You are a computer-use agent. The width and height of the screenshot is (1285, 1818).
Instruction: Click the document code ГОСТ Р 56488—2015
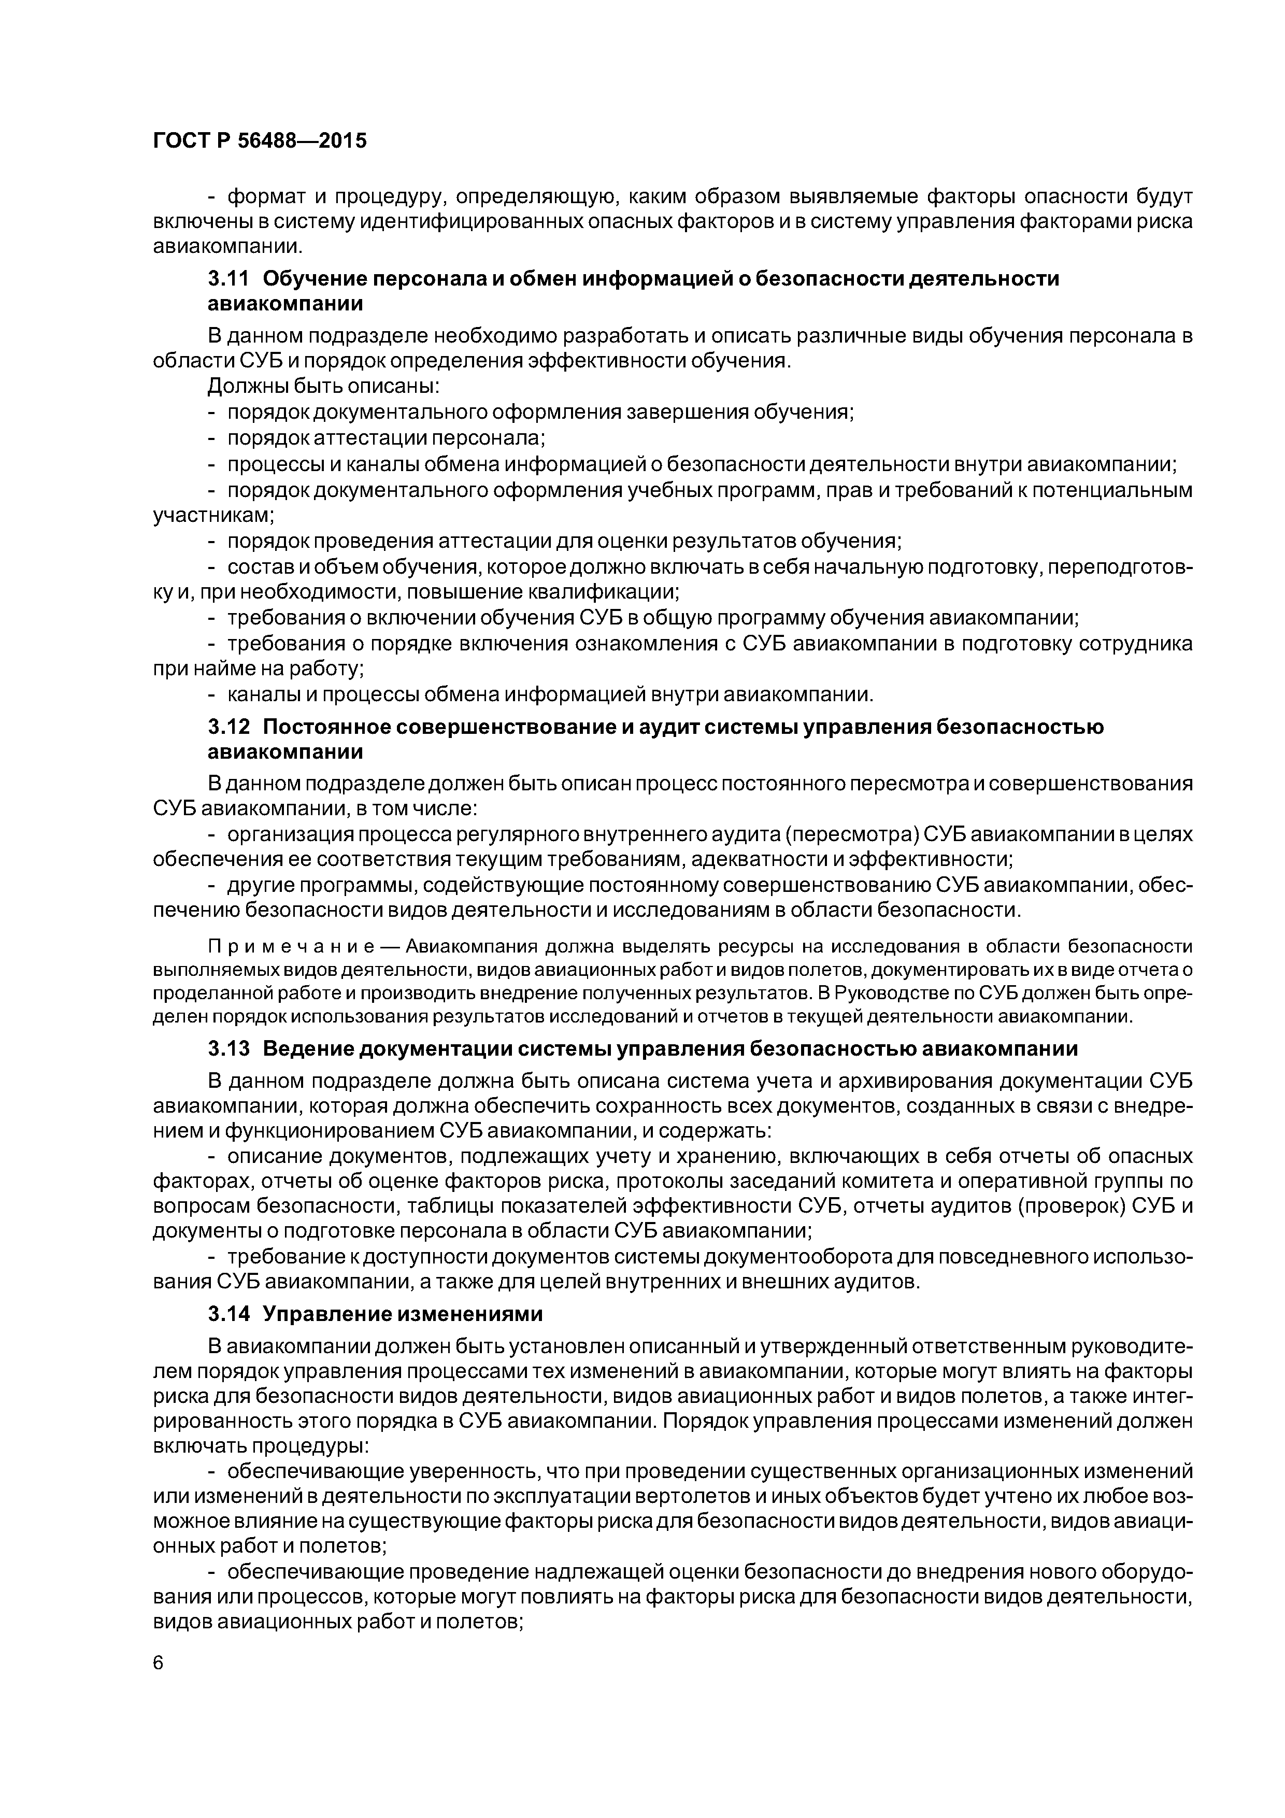[260, 141]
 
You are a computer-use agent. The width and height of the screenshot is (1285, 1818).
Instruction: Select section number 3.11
[228, 279]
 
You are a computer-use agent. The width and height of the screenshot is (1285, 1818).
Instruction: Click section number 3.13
[228, 1049]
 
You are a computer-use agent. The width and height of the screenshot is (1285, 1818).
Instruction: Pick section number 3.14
[228, 1314]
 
